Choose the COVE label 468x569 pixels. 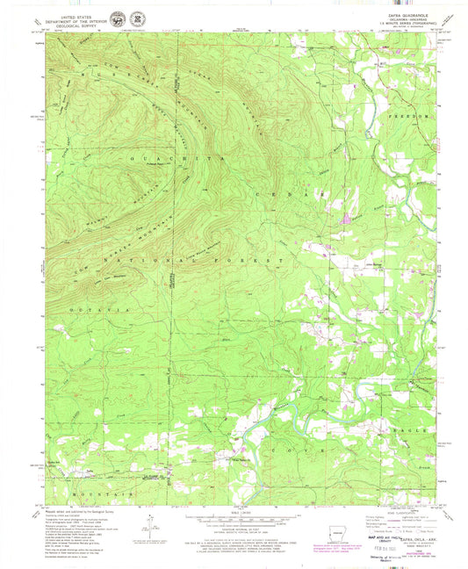tap(290, 448)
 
